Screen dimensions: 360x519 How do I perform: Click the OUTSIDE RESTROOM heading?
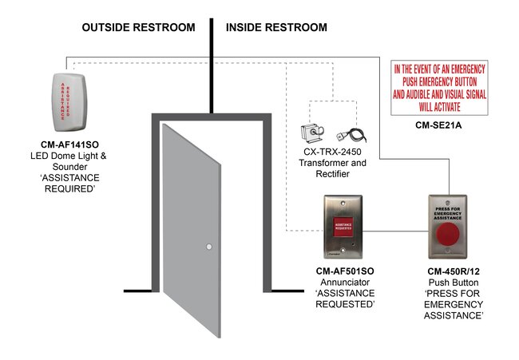coord(138,28)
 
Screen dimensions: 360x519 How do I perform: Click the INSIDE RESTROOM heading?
coord(275,28)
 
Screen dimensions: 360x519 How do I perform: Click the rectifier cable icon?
coord(349,135)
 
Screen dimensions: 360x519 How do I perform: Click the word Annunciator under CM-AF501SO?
coord(345,283)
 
